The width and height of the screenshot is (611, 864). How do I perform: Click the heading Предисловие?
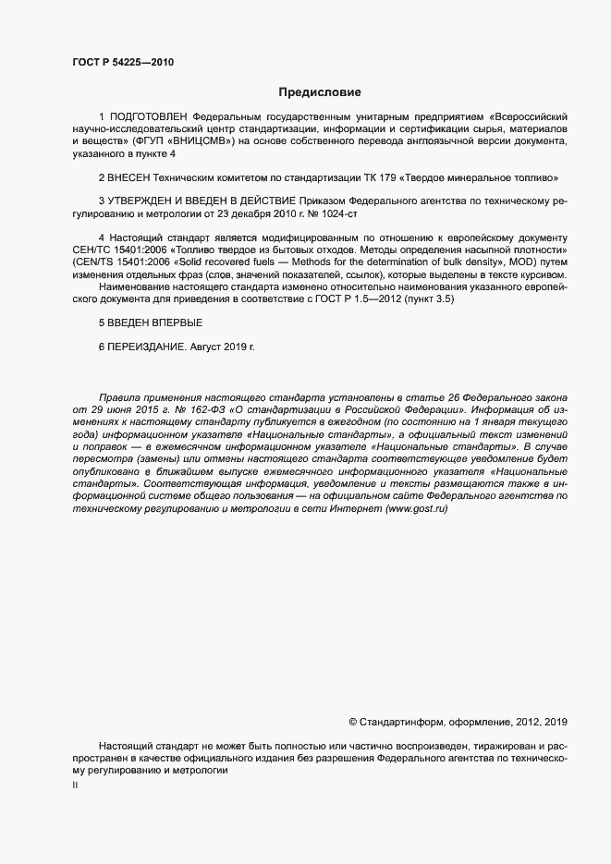click(320, 92)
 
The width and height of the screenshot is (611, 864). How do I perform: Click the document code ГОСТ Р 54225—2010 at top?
click(122, 63)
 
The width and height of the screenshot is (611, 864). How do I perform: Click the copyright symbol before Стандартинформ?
click(352, 721)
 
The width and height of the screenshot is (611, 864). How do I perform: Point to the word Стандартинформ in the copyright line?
click(401, 721)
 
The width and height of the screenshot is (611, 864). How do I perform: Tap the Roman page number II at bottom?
click(75, 786)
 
